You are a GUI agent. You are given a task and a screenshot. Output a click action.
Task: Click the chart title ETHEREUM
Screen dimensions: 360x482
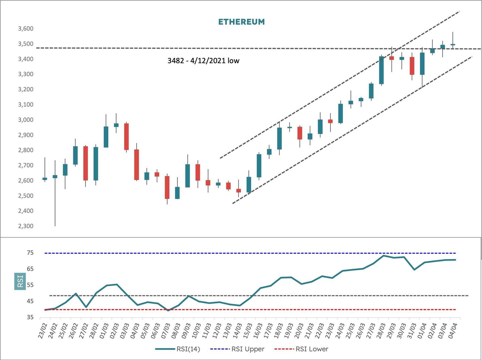click(241, 22)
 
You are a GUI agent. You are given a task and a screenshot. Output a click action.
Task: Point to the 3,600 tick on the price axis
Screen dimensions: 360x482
click(26, 29)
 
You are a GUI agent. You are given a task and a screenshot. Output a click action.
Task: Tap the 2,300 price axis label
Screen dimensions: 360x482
click(26, 226)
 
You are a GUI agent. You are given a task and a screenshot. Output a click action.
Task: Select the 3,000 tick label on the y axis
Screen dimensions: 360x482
click(26, 120)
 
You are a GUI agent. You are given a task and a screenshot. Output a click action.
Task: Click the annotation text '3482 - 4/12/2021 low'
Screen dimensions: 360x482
click(203, 61)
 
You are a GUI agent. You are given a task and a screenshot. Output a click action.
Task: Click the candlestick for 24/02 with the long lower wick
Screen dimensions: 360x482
click(55, 177)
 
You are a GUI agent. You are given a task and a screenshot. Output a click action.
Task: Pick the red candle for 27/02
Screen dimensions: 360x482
click(85, 163)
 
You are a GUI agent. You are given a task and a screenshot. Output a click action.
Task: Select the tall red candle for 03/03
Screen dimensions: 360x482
click(126, 136)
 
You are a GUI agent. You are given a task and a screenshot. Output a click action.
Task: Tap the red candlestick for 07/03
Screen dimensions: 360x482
click(167, 187)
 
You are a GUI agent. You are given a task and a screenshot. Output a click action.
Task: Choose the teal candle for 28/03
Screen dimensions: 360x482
click(381, 70)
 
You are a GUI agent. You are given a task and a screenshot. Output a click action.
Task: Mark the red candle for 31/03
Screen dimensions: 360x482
click(412, 66)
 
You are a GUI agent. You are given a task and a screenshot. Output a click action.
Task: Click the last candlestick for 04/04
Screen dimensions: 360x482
click(453, 44)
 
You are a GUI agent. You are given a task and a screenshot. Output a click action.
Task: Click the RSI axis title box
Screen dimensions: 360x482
click(20, 281)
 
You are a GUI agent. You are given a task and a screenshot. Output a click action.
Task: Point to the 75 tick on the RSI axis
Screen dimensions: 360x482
click(30, 253)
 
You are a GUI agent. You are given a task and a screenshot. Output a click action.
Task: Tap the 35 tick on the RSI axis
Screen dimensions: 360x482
click(30, 317)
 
